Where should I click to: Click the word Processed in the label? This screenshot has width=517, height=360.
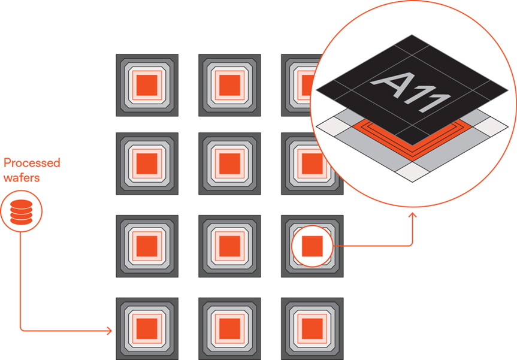tap(32, 163)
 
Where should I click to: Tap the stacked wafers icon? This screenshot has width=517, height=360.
tap(20, 211)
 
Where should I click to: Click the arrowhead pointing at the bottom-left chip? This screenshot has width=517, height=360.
tap(110, 330)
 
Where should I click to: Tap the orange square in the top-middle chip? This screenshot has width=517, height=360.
tap(229, 84)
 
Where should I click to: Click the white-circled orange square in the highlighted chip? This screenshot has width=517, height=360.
tap(312, 246)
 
